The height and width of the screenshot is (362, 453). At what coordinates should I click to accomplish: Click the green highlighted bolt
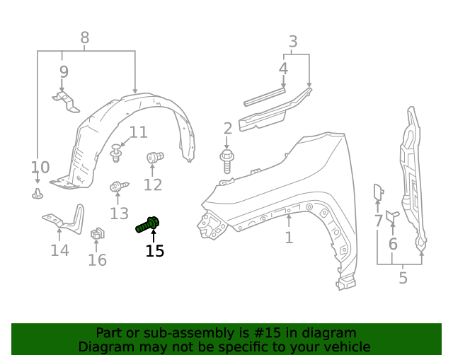(147, 225)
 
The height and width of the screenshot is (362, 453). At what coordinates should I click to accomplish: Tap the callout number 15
(154, 250)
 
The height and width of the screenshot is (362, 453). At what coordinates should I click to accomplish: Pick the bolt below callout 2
(226, 160)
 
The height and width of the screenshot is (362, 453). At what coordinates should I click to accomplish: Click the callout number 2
(227, 128)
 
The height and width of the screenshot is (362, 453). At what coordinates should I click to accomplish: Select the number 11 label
(138, 132)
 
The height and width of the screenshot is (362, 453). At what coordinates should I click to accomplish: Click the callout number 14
(59, 250)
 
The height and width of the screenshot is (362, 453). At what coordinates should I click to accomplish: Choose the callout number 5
(403, 277)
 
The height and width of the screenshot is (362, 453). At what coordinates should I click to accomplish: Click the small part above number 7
(378, 192)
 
